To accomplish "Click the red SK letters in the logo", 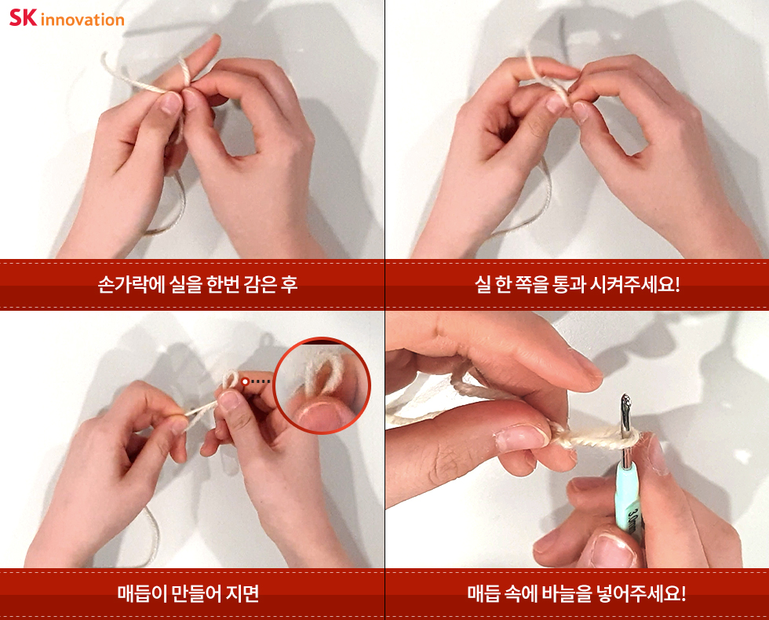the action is [23, 17].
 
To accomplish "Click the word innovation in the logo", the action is [82, 20].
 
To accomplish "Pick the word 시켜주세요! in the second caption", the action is [635, 284].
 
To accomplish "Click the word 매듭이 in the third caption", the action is [142, 593].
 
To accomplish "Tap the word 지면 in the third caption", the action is [242, 593].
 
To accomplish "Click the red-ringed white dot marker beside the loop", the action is [245, 381].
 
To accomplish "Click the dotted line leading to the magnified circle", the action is [261, 381].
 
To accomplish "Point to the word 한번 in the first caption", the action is [223, 284].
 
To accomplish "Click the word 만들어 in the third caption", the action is [197, 593].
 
